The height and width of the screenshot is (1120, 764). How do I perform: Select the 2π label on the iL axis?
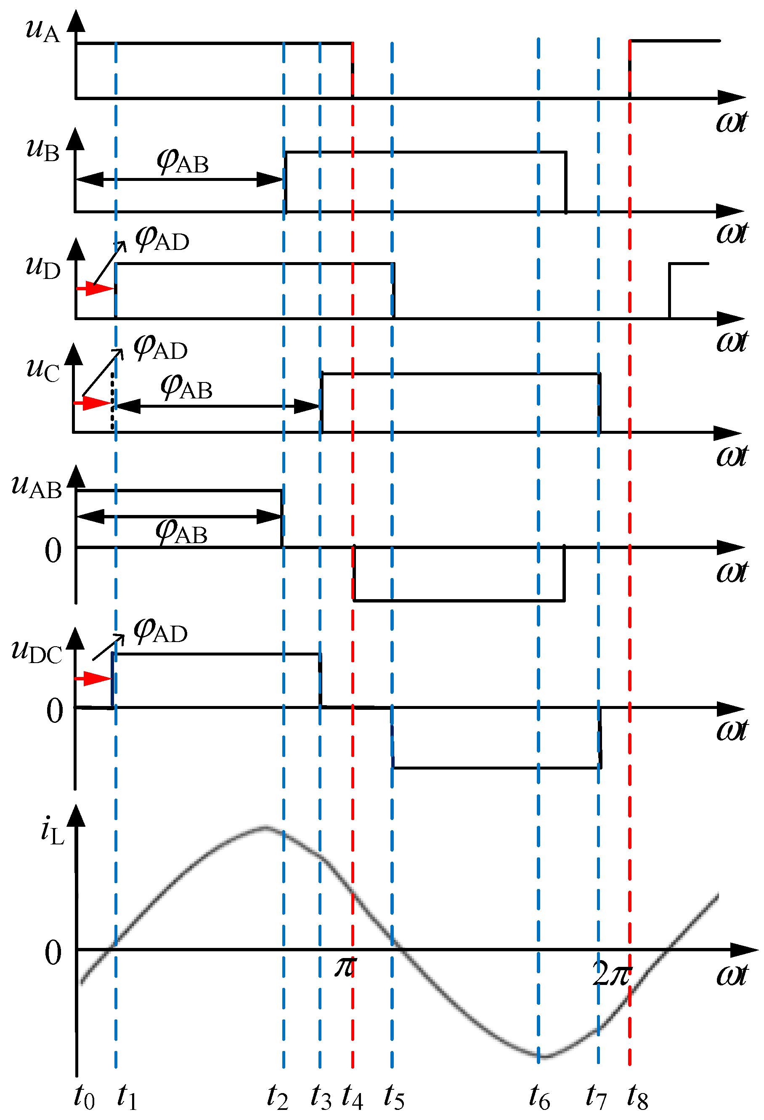(x=612, y=974)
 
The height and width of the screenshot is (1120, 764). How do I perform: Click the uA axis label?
(x=42, y=30)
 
